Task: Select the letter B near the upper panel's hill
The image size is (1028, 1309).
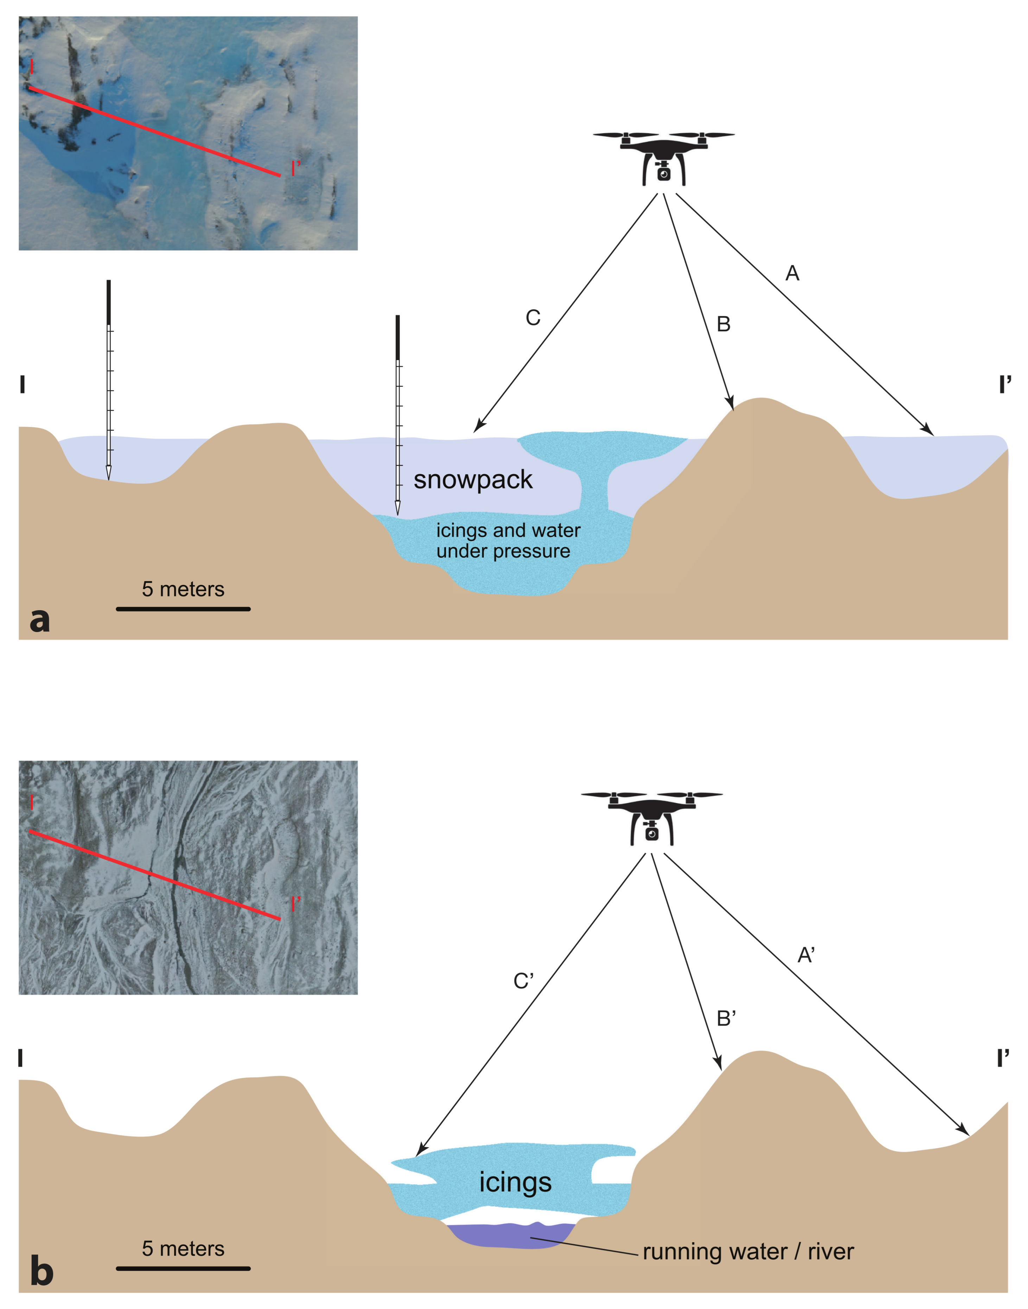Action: click(723, 324)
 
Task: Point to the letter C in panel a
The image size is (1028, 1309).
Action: click(533, 318)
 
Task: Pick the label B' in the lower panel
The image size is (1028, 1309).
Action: click(726, 1018)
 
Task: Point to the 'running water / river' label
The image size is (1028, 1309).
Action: click(748, 1251)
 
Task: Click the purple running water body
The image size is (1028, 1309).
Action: click(512, 1235)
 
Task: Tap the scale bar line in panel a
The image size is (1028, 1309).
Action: click(183, 609)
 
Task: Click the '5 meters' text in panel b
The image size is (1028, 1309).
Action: click(183, 1248)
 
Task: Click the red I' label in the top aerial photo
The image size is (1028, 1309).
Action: click(295, 168)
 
